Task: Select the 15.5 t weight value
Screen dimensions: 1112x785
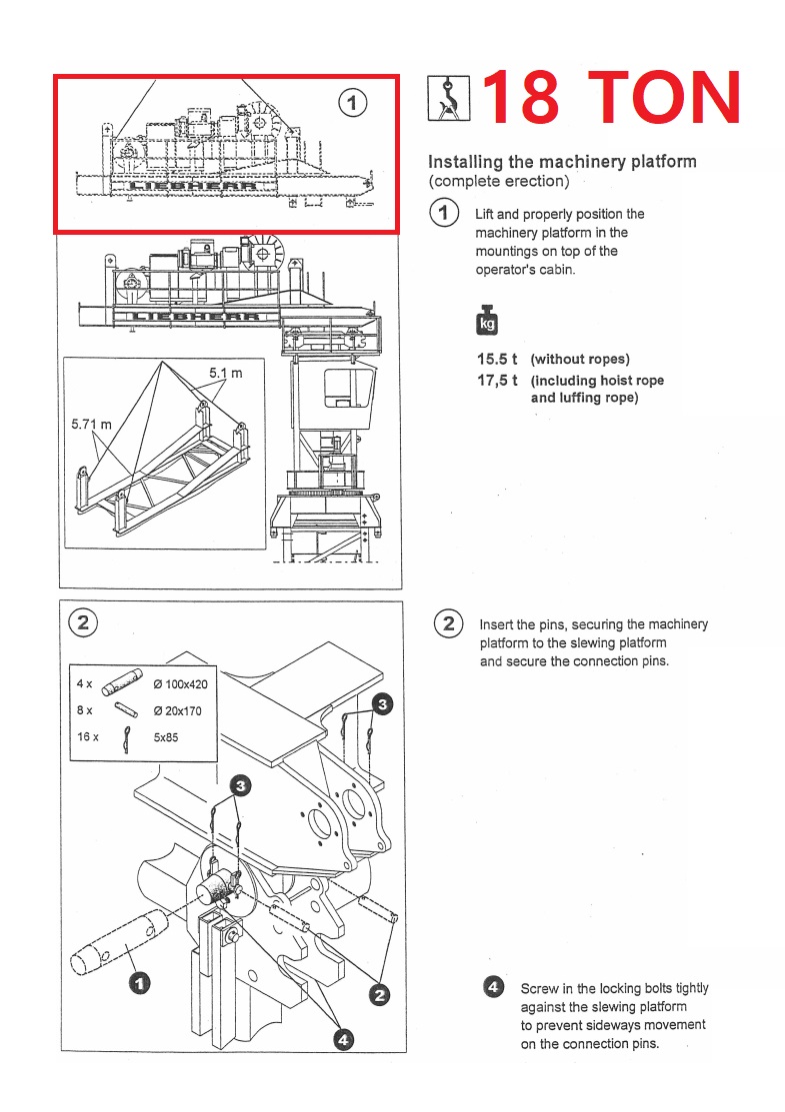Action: click(x=497, y=359)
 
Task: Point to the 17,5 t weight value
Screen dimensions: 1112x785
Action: click(x=497, y=380)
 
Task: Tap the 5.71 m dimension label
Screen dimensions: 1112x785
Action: click(x=91, y=425)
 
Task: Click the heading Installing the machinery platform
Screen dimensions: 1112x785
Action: click(x=562, y=162)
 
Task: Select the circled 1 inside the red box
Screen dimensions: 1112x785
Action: click(x=353, y=101)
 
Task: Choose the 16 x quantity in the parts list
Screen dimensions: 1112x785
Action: click(x=88, y=736)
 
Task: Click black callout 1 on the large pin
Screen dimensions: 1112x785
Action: click(x=140, y=983)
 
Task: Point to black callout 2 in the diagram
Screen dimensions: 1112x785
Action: click(x=379, y=994)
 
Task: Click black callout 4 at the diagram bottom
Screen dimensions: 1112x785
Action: click(x=343, y=1039)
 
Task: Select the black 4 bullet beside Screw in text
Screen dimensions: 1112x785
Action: click(x=493, y=987)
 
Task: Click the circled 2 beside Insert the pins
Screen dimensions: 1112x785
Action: click(x=448, y=624)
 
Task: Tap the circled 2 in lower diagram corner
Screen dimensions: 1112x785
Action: click(x=82, y=623)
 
